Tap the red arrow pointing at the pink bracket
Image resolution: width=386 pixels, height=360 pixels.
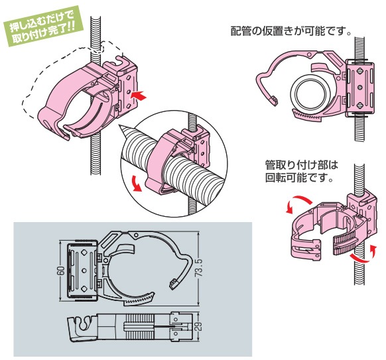(x=139, y=95)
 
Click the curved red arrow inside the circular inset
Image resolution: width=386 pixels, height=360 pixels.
(x=136, y=183)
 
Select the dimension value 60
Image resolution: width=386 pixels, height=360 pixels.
(x=62, y=270)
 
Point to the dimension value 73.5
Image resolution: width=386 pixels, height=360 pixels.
(x=200, y=269)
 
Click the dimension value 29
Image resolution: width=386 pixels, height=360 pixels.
(x=200, y=326)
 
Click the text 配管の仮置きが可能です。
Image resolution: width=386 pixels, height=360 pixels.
(x=290, y=31)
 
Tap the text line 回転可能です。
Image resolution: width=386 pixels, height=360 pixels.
(x=299, y=177)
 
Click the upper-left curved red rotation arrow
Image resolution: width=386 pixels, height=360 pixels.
(x=297, y=202)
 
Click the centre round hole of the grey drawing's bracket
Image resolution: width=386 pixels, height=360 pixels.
(x=84, y=270)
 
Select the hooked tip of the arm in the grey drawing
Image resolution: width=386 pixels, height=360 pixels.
(x=174, y=284)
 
